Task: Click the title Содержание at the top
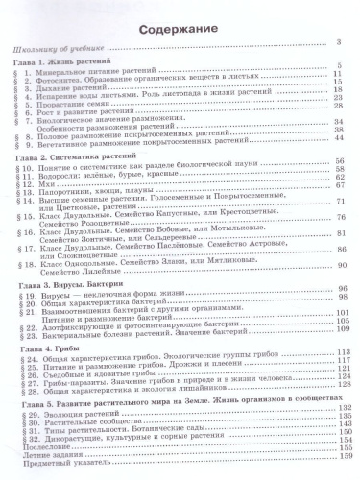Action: click(180, 30)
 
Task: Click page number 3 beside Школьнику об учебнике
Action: click(339, 45)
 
